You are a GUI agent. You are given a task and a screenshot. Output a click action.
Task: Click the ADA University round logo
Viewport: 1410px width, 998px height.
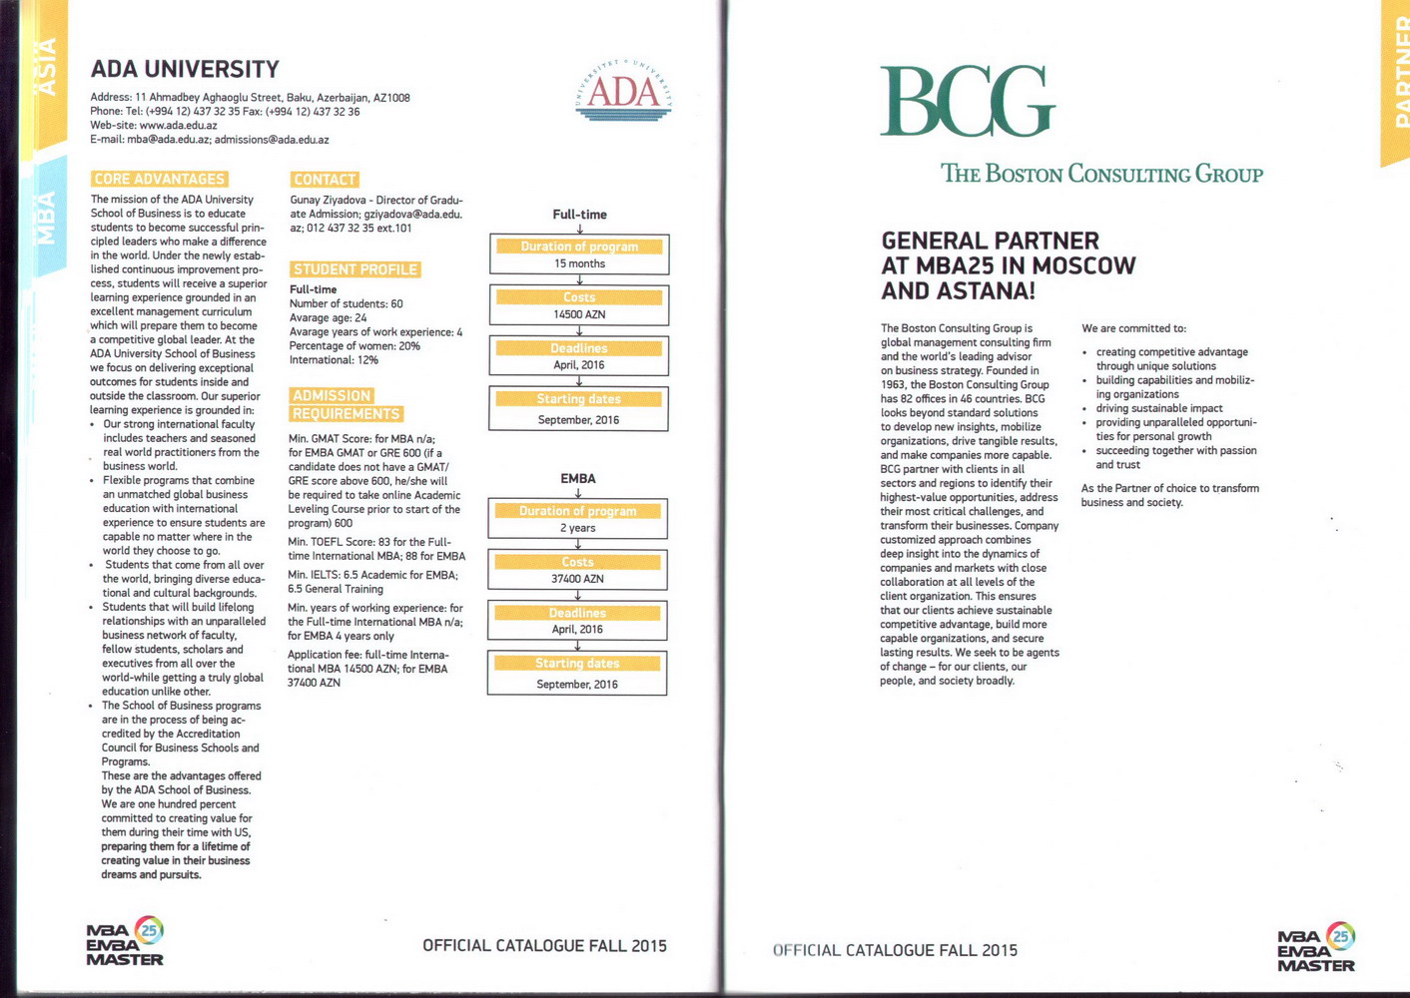coord(624,90)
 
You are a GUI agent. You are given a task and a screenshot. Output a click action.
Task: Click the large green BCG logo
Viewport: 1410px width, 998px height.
coord(967,101)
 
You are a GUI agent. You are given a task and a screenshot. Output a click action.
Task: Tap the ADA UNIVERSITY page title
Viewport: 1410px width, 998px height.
coord(185,69)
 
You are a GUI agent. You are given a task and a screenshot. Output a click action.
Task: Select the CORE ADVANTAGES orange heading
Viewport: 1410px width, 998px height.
coord(160,179)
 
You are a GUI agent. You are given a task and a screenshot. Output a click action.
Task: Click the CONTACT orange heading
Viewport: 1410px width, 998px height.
coord(325,180)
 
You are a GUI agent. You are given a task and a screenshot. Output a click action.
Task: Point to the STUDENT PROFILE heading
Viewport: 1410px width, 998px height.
coord(354,269)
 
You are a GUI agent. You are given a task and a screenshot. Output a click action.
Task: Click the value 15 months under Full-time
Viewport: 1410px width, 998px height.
coord(579,263)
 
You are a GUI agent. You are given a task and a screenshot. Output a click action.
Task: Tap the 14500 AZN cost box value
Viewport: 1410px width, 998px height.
coord(579,314)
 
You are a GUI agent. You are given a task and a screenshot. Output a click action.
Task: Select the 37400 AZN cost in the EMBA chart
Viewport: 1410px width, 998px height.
coord(577,579)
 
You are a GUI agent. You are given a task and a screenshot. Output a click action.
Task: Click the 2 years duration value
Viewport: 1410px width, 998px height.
coord(577,528)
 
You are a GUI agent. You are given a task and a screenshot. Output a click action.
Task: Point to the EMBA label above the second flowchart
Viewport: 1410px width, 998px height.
coord(578,479)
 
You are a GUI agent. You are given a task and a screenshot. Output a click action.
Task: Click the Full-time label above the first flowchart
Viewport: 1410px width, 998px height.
coord(579,215)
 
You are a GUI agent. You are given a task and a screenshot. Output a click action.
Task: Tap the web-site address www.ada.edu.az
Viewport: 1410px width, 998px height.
coord(178,126)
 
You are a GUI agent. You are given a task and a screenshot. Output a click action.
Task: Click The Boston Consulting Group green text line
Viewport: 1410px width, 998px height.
coord(1101,174)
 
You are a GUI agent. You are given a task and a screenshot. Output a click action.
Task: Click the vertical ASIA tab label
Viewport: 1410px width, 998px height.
coord(46,68)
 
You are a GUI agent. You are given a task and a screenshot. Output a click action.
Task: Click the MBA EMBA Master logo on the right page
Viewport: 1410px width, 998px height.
coord(1316,948)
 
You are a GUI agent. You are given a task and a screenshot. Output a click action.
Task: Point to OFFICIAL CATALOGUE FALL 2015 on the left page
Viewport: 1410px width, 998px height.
coord(544,946)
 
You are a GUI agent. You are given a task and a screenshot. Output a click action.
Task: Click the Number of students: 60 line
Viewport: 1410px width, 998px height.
coord(346,303)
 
